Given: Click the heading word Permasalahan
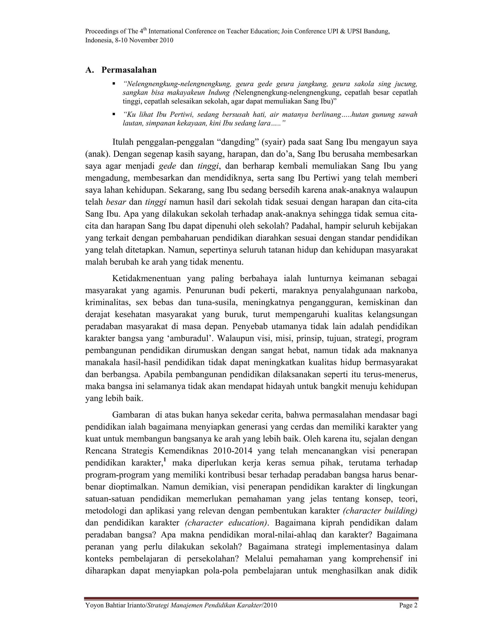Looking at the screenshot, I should (x=129, y=70).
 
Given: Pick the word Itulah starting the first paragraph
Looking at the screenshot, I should (x=122, y=142).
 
